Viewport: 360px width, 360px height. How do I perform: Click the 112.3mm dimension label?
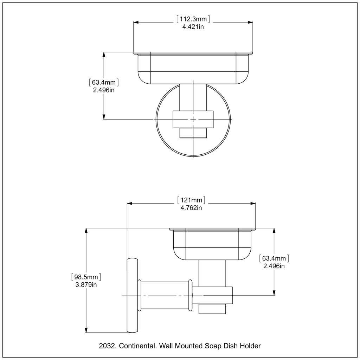click(193, 19)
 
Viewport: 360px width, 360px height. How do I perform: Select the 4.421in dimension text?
click(193, 27)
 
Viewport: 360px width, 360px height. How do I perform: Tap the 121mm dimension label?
click(191, 200)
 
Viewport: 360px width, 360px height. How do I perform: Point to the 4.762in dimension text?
click(191, 208)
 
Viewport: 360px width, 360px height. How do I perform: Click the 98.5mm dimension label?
click(86, 277)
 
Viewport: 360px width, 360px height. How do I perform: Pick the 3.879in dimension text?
click(86, 285)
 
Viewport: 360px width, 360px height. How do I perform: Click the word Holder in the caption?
click(250, 346)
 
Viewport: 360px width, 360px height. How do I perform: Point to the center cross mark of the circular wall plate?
click(193, 120)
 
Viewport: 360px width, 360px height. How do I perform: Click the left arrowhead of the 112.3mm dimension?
click(136, 22)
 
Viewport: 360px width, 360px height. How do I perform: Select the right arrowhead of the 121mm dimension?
click(253, 204)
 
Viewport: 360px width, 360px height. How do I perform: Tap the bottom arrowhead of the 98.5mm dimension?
click(86, 330)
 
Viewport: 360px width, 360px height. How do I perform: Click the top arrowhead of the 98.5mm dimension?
click(86, 231)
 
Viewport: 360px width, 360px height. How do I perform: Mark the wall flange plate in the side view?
click(133, 295)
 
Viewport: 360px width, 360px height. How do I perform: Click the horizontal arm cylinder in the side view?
click(165, 295)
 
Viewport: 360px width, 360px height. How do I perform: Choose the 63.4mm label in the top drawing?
click(104, 82)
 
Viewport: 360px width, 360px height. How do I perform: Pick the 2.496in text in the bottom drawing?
click(274, 266)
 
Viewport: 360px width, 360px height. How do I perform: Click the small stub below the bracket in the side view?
click(212, 309)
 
